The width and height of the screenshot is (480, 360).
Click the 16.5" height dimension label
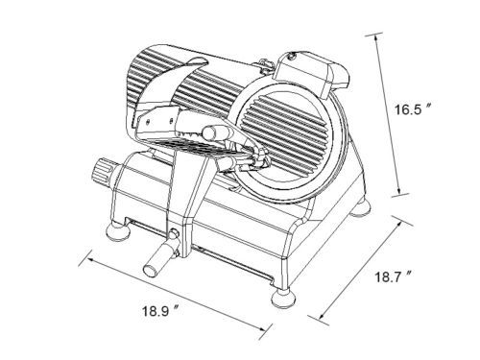click(x=413, y=109)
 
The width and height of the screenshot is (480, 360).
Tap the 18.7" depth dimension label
click(x=393, y=276)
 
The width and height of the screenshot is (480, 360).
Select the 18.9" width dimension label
click(x=160, y=311)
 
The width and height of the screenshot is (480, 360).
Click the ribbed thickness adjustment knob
click(x=103, y=174)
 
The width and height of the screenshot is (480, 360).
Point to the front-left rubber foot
click(x=118, y=232)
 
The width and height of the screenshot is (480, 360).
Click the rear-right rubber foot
click(x=360, y=208)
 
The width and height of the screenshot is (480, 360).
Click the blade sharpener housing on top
click(x=311, y=72)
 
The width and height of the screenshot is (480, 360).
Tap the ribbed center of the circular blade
click(x=286, y=131)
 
